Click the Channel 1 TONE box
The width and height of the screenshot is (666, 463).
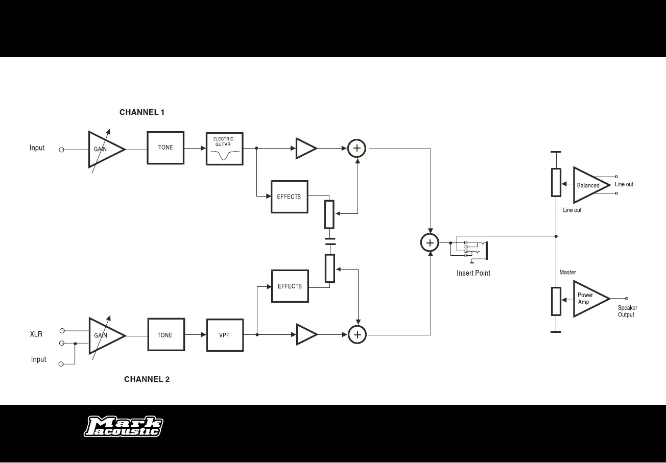click(x=165, y=148)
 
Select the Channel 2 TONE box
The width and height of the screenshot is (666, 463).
click(x=166, y=335)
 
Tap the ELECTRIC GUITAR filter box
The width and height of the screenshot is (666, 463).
click(x=224, y=149)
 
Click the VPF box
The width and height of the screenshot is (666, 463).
click(x=225, y=335)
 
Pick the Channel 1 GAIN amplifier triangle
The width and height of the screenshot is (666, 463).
click(x=104, y=149)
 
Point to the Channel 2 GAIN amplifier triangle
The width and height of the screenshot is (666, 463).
click(x=105, y=335)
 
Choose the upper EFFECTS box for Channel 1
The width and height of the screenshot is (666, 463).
click(x=289, y=197)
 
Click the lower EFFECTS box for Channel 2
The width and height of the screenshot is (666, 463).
click(x=290, y=286)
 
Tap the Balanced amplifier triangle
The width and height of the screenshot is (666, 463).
click(x=589, y=185)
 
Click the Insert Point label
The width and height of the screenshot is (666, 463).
click(x=473, y=273)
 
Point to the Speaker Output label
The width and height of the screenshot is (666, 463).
click(x=627, y=311)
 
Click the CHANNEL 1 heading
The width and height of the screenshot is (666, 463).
click(x=142, y=112)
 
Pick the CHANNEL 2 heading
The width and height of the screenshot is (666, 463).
click(x=147, y=379)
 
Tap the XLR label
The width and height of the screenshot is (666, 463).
click(x=36, y=334)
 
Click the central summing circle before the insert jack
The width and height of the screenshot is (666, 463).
click(x=430, y=243)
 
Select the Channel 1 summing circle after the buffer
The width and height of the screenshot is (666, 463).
click(x=357, y=149)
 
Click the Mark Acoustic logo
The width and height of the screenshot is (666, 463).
click(x=124, y=427)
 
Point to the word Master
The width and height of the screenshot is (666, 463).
click(x=567, y=273)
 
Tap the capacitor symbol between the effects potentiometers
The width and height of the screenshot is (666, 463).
click(x=330, y=241)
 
